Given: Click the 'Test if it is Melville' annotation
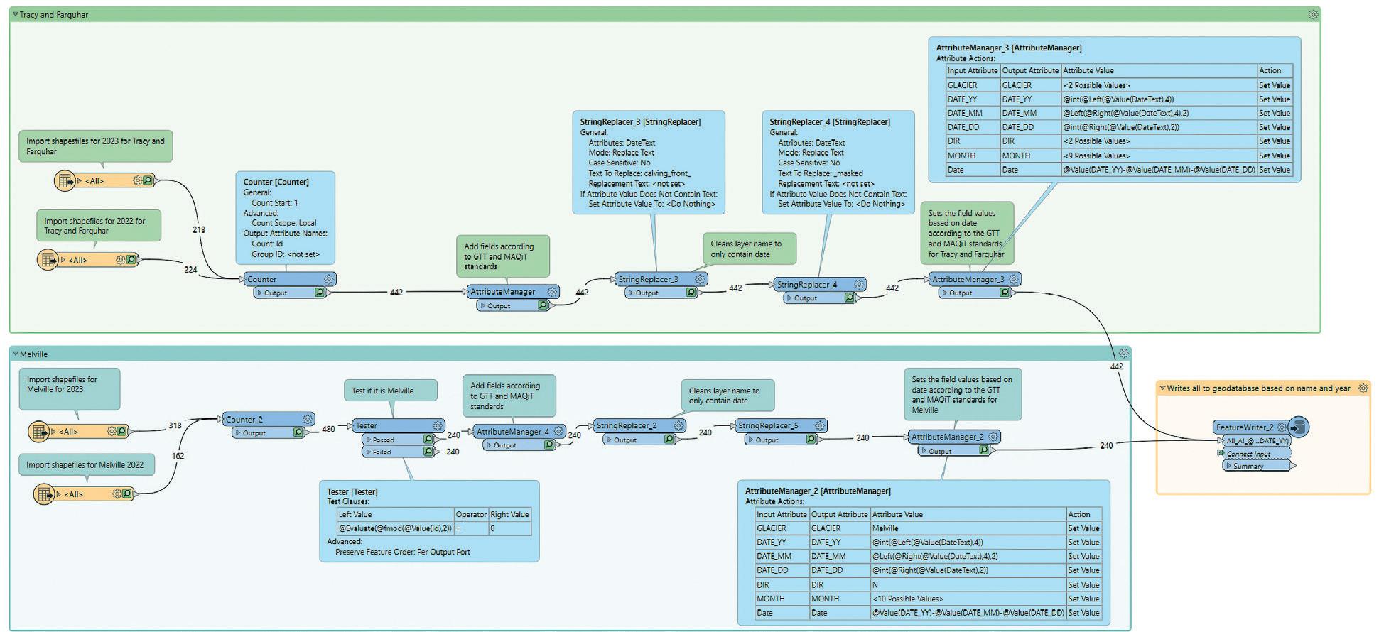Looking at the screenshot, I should click(x=382, y=391).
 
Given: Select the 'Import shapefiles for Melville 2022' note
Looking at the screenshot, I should click(x=85, y=465).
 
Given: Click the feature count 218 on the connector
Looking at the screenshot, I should click(x=199, y=229).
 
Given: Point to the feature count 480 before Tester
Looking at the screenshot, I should click(x=328, y=429).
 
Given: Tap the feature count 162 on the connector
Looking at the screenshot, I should click(x=178, y=456).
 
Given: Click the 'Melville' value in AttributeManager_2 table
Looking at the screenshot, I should click(x=886, y=528).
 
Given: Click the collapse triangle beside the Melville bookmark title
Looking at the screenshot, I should click(x=16, y=354).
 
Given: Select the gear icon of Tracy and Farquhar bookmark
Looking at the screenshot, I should click(x=1314, y=14).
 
